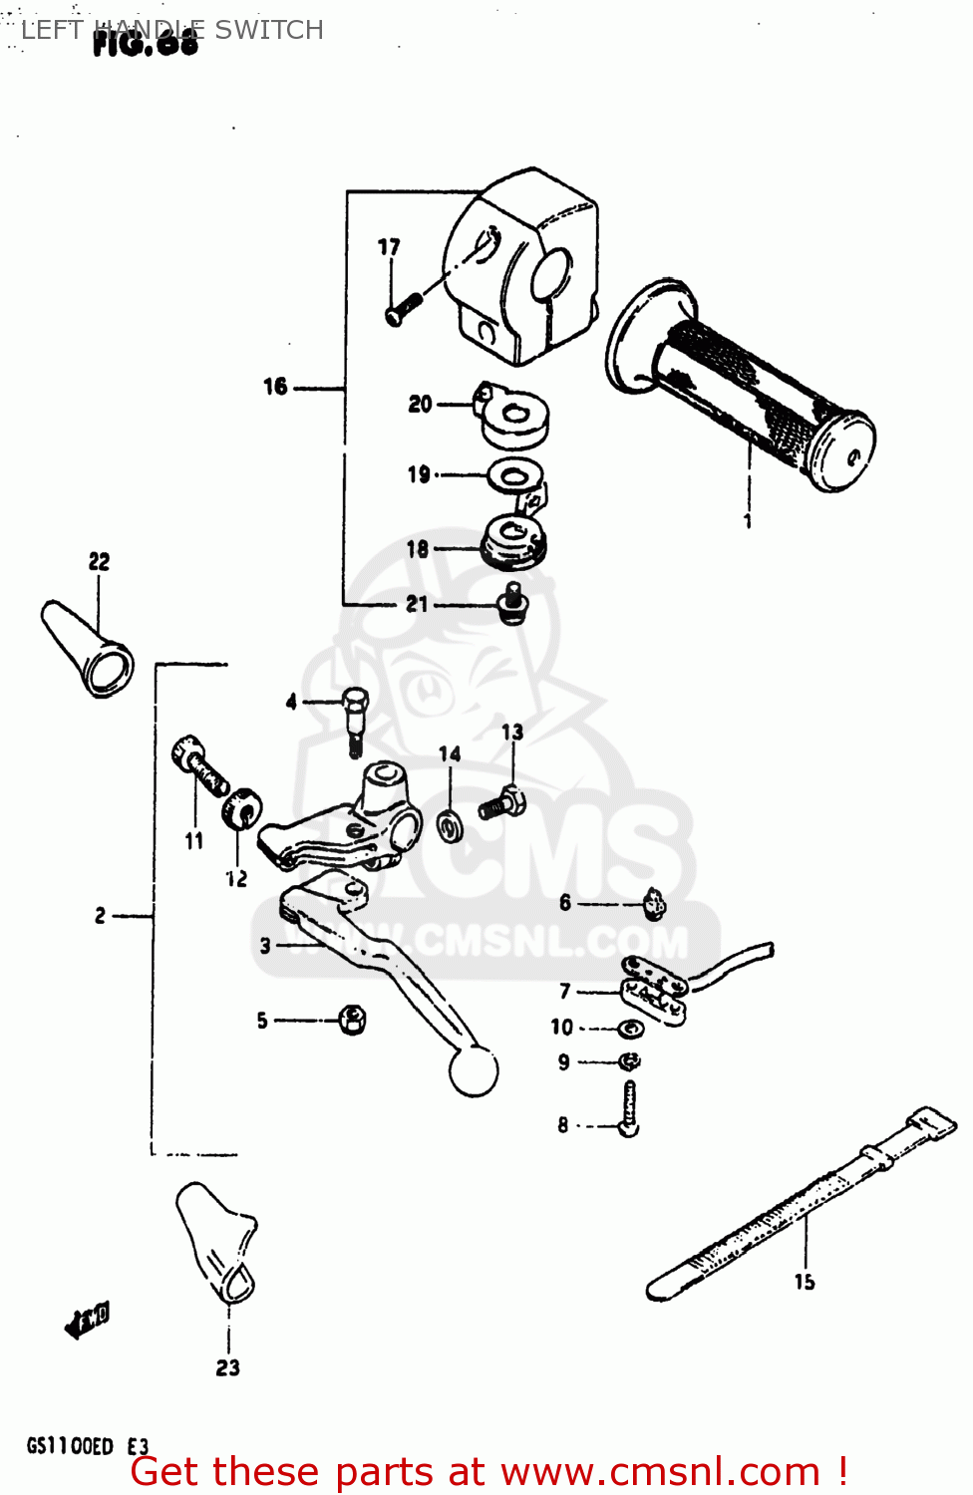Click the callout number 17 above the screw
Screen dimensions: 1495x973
389,247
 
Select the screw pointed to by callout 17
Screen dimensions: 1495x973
400,309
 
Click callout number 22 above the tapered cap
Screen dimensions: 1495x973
99,561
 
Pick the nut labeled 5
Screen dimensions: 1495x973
352,1020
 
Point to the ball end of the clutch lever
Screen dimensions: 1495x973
474,1071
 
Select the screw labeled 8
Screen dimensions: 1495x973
629,1109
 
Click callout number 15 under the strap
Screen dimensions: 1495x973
805,1282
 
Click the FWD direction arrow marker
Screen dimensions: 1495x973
87,1321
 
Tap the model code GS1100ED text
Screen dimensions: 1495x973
70,1446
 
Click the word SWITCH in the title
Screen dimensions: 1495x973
269,30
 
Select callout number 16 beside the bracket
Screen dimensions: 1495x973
275,387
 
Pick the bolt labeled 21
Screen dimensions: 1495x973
512,603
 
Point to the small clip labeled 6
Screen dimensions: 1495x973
654,903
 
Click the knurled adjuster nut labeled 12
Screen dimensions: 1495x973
241,807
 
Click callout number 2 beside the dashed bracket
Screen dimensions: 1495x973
100,915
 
